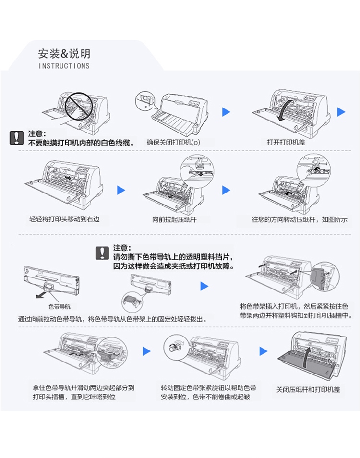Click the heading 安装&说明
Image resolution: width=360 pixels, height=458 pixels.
tap(64, 54)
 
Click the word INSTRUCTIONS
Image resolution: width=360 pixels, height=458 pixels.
tap(64, 66)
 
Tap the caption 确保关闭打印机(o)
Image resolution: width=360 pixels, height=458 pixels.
tap(174, 142)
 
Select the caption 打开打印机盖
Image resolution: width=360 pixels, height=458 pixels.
tap(286, 142)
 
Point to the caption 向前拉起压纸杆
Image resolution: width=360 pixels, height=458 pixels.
tap(174, 219)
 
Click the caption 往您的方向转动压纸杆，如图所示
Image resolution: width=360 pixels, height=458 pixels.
tap(300, 219)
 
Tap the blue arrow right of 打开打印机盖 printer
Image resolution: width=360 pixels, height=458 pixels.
tap(341, 111)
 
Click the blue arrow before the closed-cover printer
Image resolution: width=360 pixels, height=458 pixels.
tap(264, 351)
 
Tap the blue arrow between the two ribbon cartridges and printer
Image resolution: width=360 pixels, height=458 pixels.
tap(204, 286)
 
